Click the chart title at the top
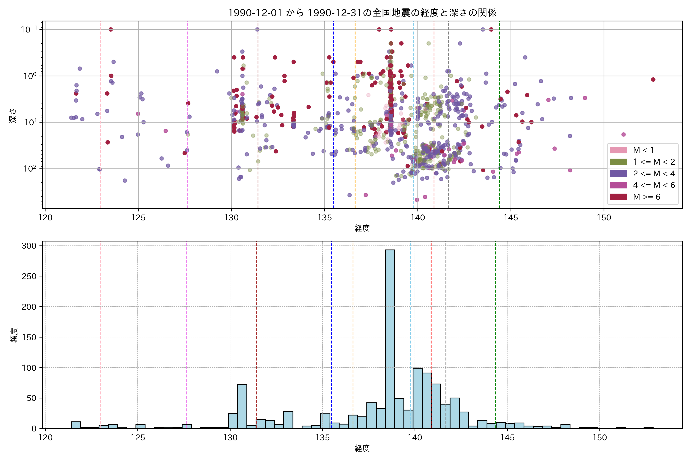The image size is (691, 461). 362,13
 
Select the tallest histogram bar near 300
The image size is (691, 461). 390,338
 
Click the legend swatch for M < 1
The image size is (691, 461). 618,150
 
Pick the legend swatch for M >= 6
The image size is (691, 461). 618,197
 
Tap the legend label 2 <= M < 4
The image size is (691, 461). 654,173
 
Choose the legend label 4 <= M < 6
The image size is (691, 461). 654,185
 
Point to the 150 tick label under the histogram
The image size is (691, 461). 599,438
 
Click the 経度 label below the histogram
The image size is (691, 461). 362,448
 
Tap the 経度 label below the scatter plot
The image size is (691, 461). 362,228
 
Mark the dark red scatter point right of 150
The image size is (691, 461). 653,79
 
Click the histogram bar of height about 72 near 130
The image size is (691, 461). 242,406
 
